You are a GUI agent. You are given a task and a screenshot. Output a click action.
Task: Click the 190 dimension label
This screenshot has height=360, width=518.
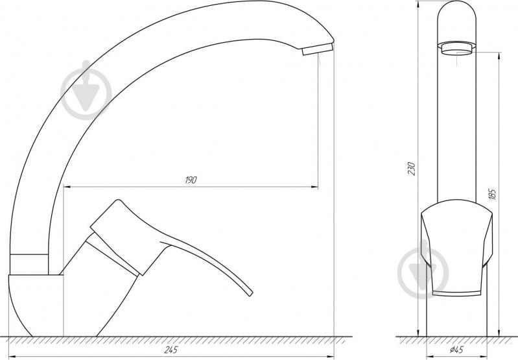(x=191, y=180)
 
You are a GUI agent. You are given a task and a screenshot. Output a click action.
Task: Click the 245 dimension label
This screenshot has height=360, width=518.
(x=171, y=350)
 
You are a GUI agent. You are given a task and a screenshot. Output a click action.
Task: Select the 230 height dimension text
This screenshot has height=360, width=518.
(x=411, y=169)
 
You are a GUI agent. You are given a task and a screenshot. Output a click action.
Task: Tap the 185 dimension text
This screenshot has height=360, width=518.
(x=492, y=194)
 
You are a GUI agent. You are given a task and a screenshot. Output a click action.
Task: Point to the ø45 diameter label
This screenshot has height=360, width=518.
(x=456, y=350)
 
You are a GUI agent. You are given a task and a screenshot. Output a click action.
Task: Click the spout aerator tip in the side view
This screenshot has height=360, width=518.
(x=317, y=49)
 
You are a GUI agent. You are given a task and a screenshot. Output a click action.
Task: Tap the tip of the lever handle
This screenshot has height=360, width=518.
(x=250, y=293)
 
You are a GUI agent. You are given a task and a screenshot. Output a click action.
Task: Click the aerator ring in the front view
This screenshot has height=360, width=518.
(x=456, y=48)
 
